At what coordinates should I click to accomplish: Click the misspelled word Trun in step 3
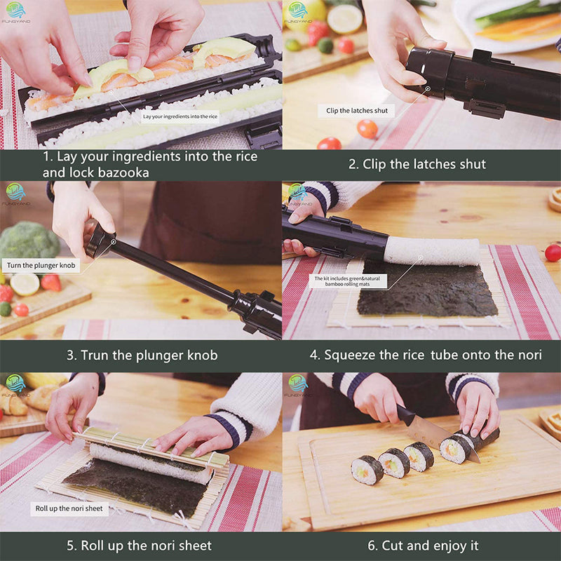pos(100,356)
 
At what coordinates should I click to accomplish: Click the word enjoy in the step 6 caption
pos(437,545)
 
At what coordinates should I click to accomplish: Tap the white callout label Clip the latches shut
pos(356,111)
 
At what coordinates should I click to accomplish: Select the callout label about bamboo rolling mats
pos(348,282)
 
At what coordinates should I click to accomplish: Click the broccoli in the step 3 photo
pos(28,242)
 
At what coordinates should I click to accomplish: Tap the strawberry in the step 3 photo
pos(50,282)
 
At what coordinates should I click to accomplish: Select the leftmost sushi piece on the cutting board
pos(367,469)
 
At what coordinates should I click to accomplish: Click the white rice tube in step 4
pos(431,250)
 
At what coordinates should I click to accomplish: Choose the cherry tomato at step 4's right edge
pos(553,252)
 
